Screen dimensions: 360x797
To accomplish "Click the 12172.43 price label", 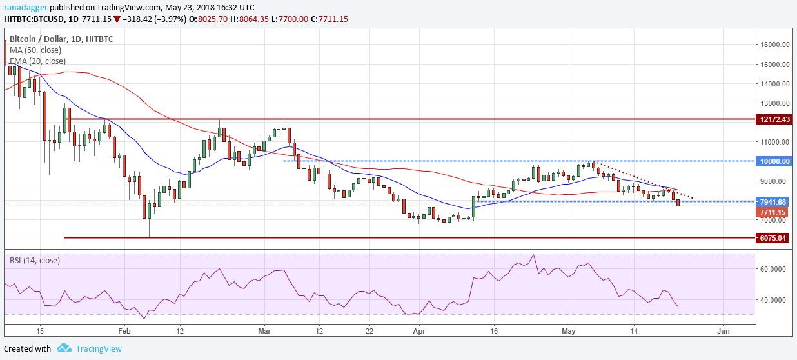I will [773, 119].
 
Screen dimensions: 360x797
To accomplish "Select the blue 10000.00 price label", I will [773, 161].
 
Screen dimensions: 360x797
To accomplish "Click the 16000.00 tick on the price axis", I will [774, 45].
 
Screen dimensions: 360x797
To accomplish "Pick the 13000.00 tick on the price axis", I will [774, 103].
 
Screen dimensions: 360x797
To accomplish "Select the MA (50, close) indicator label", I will [37, 50].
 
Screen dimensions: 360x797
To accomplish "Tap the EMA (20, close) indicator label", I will [38, 61].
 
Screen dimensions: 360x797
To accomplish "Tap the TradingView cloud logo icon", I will [63, 348].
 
